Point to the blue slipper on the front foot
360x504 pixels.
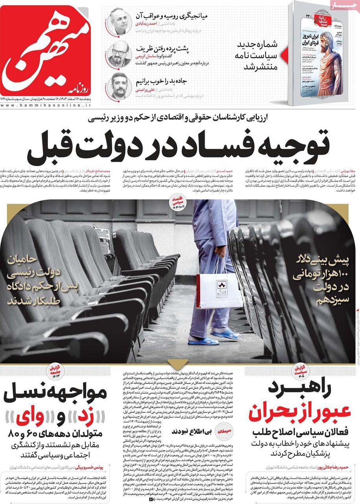[x=204, y=341]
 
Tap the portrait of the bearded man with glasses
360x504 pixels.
[x=119, y=54]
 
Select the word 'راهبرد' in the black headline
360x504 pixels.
[x=301, y=389]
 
